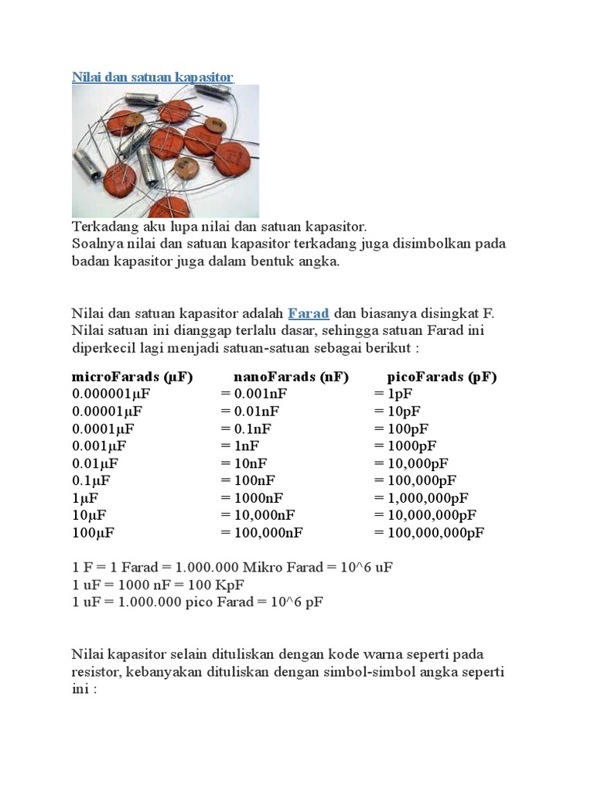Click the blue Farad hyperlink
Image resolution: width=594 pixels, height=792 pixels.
[309, 313]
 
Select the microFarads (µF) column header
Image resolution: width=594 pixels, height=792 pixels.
[132, 377]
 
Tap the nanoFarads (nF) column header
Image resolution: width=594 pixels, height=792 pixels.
[291, 377]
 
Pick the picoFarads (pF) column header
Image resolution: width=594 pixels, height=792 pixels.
[442, 377]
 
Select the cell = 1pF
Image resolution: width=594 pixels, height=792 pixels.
[393, 394]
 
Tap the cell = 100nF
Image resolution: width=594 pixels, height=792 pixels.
[251, 480]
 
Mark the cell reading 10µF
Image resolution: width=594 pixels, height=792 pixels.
[89, 515]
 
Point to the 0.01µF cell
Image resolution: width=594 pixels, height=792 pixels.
[95, 463]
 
